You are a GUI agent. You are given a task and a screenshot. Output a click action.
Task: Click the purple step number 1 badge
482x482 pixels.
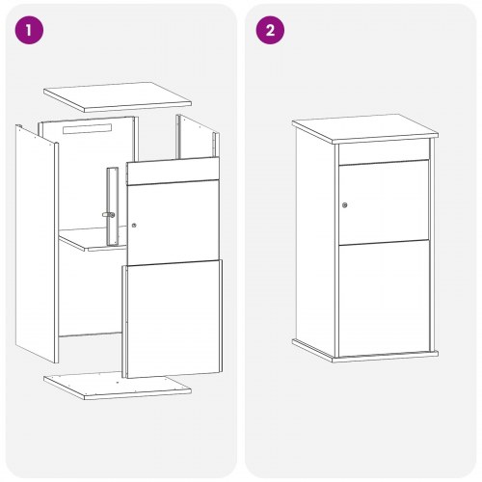[x=29, y=30]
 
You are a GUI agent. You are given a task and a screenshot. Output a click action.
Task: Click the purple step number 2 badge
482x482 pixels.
[x=270, y=30]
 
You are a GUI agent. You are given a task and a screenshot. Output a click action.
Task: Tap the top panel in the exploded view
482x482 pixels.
[x=118, y=97]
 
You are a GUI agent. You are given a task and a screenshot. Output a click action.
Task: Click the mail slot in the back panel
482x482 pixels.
[x=87, y=128]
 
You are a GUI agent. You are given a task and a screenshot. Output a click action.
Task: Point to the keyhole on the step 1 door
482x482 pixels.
[x=134, y=226]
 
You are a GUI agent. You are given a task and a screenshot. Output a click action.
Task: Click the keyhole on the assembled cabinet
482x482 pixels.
[x=345, y=205]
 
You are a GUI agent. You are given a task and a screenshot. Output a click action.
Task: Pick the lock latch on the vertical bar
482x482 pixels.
[x=109, y=215]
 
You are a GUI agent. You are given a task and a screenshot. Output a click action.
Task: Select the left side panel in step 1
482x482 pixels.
[x=37, y=244]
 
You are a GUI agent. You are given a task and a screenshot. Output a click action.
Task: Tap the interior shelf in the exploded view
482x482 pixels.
[x=92, y=239]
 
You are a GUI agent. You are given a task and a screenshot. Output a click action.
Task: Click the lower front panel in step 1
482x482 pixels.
[x=172, y=319]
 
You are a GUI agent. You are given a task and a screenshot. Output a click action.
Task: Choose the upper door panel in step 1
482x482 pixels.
[x=174, y=223]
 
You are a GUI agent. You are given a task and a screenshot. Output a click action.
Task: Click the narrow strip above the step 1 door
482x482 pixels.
[x=174, y=171]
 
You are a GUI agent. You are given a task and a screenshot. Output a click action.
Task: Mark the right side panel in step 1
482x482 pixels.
[x=198, y=138]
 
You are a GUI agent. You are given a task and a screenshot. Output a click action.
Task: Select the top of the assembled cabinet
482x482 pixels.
[x=365, y=128]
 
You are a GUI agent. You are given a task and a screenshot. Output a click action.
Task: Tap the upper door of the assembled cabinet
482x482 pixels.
[x=385, y=202]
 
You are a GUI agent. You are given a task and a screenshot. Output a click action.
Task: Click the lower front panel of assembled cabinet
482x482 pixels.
[x=385, y=299]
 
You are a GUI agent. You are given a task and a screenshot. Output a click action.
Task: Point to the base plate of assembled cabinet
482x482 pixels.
[x=365, y=352]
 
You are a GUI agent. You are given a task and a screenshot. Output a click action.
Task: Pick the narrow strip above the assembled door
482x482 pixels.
[x=384, y=152]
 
